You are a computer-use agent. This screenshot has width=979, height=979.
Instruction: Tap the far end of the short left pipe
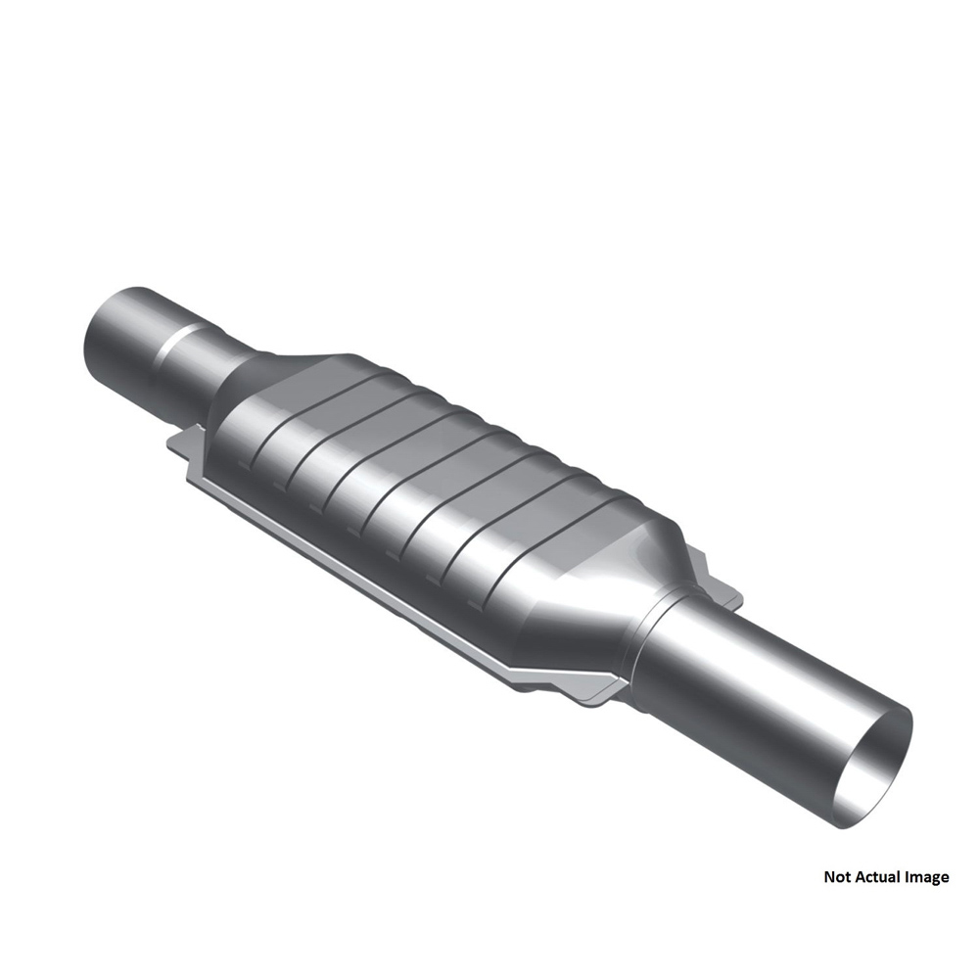point(108,333)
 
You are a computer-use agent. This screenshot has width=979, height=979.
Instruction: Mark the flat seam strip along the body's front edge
point(392,587)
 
